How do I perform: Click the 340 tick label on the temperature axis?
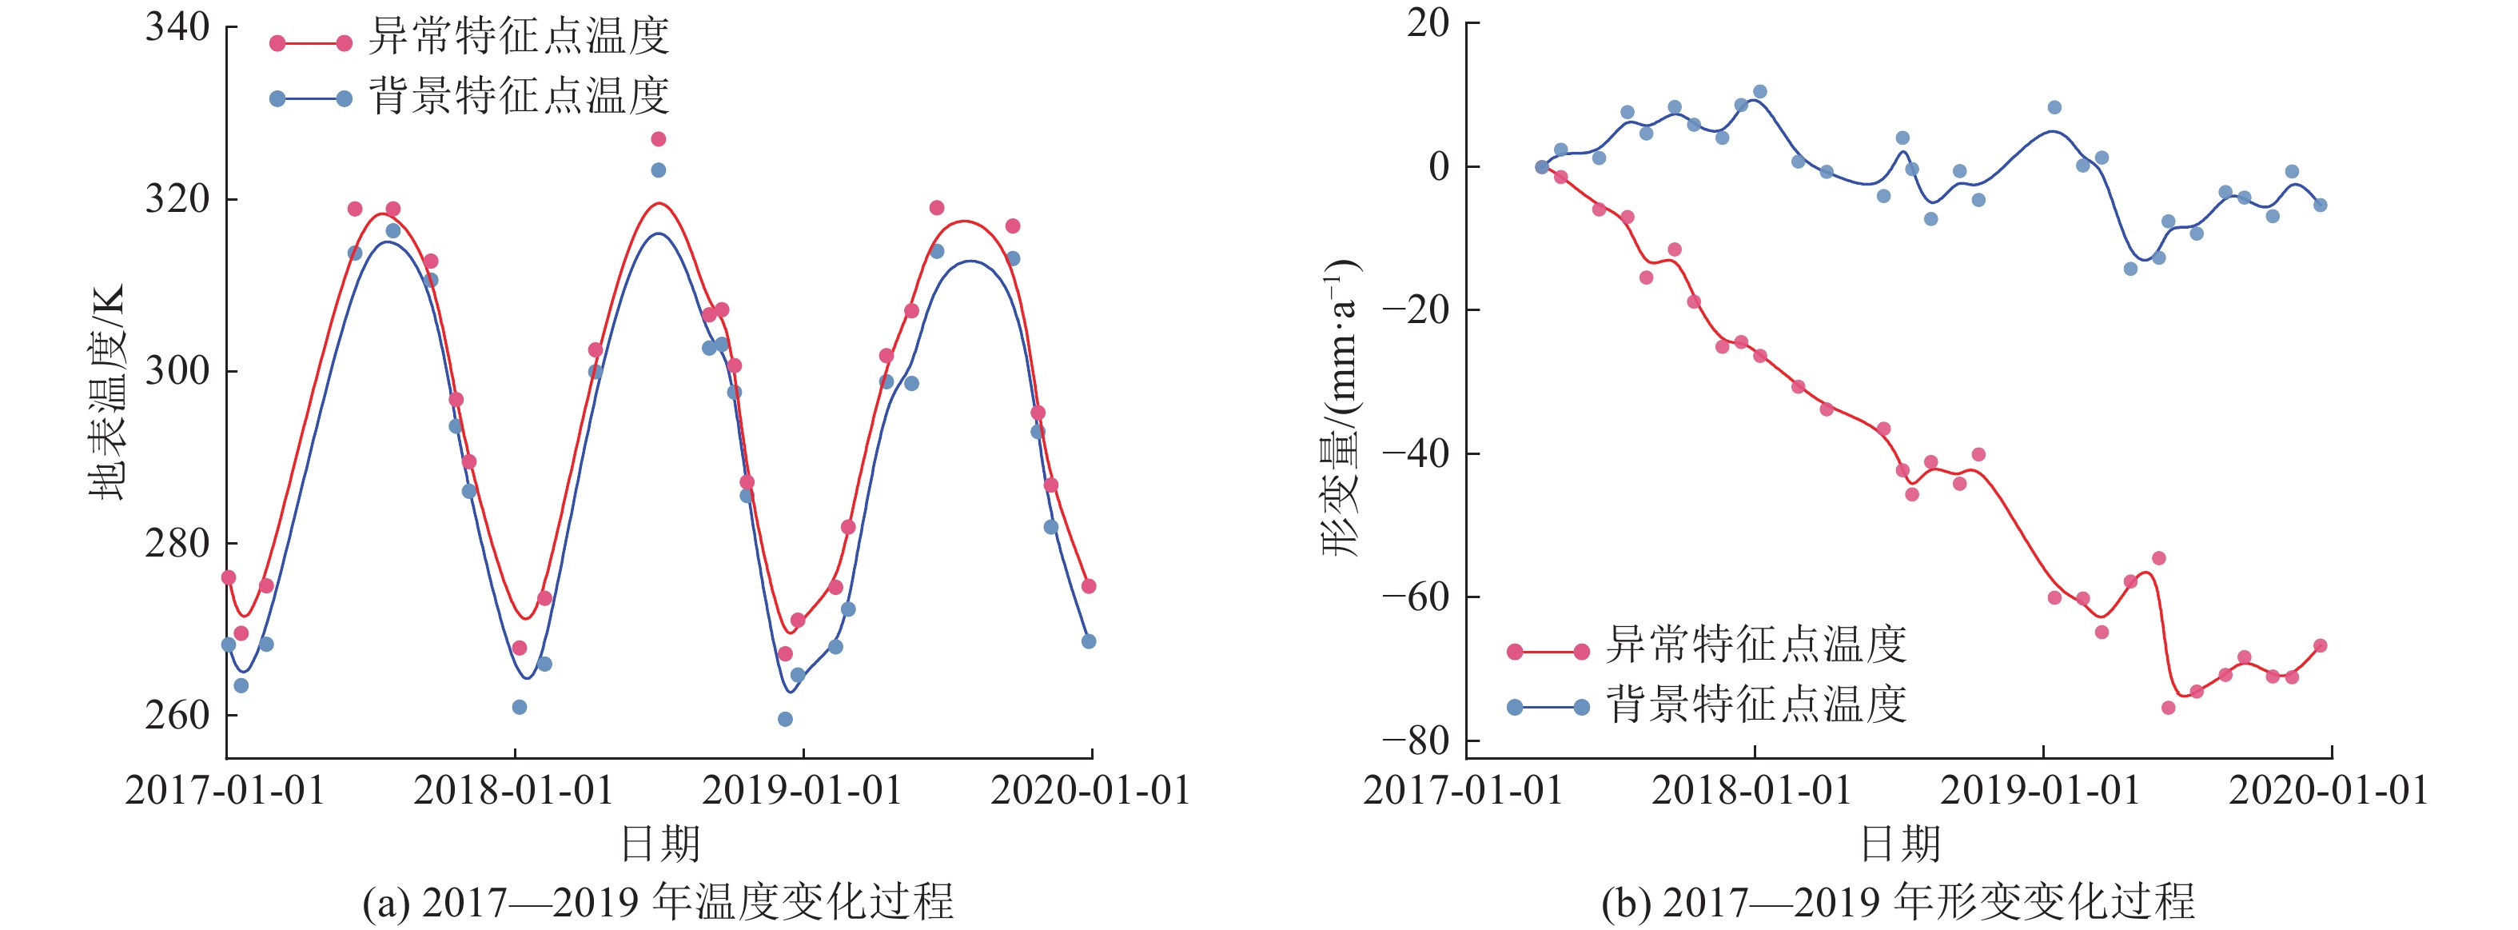pyautogui.click(x=178, y=27)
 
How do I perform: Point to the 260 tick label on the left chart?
pyautogui.click(x=178, y=715)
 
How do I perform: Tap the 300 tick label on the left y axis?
pyautogui.click(x=178, y=370)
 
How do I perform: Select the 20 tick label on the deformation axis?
pyautogui.click(x=1428, y=22)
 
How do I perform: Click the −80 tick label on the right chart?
pyautogui.click(x=1416, y=740)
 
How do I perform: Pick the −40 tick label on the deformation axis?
pyautogui.click(x=1416, y=453)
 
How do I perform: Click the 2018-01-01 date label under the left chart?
pyautogui.click(x=513, y=790)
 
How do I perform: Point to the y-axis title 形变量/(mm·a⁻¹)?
pyautogui.click(x=1341, y=409)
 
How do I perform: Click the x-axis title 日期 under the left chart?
pyautogui.click(x=661, y=844)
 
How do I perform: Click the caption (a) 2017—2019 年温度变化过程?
pyautogui.click(x=658, y=903)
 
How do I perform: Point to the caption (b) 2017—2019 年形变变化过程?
pyautogui.click(x=1898, y=903)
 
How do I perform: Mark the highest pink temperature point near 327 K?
pyautogui.click(x=659, y=139)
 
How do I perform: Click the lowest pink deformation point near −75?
pyautogui.click(x=2168, y=707)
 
